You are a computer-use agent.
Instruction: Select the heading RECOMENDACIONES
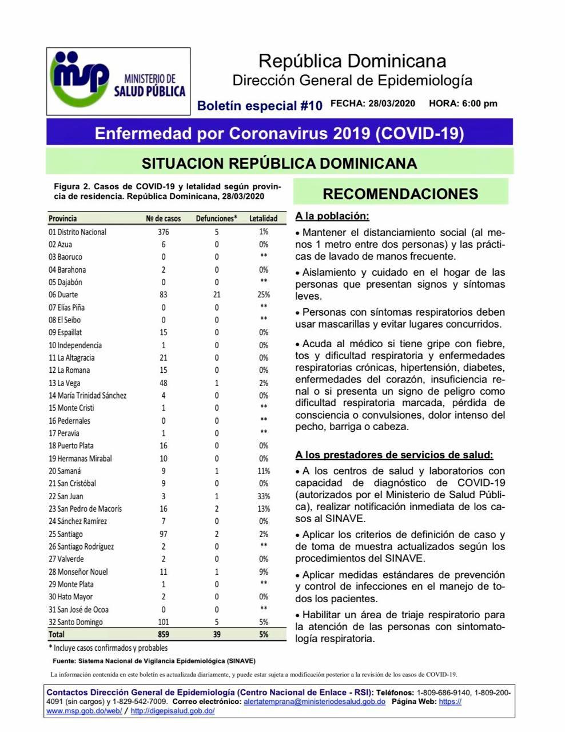[x=400, y=193]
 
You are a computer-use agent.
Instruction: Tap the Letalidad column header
[x=263, y=218]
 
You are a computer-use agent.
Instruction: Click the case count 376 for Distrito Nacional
[x=164, y=232]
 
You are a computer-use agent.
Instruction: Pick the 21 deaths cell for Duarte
[x=217, y=295]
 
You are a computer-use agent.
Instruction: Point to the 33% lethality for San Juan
[x=263, y=496]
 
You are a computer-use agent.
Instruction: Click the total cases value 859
[x=164, y=634]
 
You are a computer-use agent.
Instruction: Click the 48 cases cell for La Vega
[x=164, y=383]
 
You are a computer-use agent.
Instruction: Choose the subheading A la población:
[x=332, y=216]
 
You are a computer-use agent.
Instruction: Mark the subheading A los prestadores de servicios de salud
[x=394, y=455]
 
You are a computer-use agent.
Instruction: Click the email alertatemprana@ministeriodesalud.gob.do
[x=315, y=701]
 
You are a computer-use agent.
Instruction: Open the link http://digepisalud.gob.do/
[x=173, y=711]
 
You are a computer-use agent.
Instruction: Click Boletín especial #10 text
[x=260, y=105]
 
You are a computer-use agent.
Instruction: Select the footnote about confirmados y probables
[x=108, y=648]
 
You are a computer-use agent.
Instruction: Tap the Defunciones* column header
[x=216, y=218]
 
